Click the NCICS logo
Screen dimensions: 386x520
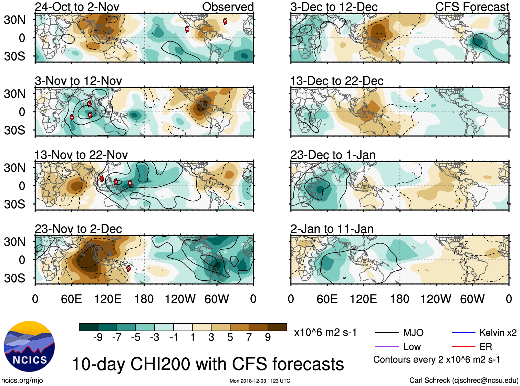[x=29, y=346]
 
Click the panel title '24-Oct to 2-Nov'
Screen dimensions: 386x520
[x=77, y=7]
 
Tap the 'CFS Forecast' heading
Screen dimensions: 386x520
[x=472, y=7]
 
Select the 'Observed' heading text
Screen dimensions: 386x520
[x=228, y=7]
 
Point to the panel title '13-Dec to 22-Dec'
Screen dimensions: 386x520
[x=337, y=81]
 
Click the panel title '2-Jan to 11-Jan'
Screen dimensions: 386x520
[x=332, y=229]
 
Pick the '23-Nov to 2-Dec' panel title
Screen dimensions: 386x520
[x=79, y=229]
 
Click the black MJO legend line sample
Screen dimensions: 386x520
[x=387, y=333]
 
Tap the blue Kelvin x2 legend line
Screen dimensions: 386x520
[x=464, y=333]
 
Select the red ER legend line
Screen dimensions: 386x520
[x=464, y=346]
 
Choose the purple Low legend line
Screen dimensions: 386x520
[x=387, y=346]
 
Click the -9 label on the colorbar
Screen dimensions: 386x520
[x=98, y=337]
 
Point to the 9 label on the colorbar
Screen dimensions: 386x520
[x=268, y=337]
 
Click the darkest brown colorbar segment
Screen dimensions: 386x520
[x=277, y=327]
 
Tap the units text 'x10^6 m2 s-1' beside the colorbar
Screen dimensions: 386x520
[x=325, y=333]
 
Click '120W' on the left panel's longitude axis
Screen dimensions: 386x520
[x=180, y=299]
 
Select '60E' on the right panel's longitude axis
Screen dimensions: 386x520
[x=327, y=299]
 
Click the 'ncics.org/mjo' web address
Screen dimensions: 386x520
[x=22, y=380]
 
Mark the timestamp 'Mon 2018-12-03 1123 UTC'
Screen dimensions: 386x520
[x=260, y=381]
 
